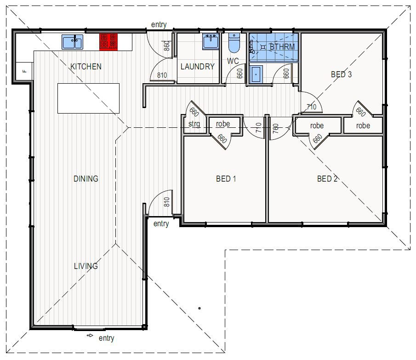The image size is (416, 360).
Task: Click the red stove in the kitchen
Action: (108, 41)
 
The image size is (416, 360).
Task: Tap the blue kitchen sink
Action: (72, 42)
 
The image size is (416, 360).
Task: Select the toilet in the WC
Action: (234, 43)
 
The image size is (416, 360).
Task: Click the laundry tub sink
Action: (211, 42)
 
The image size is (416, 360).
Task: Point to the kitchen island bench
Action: (88, 98)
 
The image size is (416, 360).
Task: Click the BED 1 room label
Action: (226, 179)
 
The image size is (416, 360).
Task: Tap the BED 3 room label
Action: (341, 74)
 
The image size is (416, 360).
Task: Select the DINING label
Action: (85, 179)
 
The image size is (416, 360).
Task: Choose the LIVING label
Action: (85, 266)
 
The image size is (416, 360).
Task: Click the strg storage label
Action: (194, 124)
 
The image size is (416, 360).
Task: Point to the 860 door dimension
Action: (166, 46)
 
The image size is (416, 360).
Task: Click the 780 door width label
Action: (276, 129)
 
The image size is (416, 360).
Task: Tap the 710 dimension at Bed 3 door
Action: (312, 107)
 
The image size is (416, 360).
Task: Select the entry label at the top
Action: (159, 25)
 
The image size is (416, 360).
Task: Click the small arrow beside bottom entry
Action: (90, 336)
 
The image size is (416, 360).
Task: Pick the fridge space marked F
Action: (24, 71)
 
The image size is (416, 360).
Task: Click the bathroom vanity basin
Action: (256, 74)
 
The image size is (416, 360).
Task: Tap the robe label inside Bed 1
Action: (223, 124)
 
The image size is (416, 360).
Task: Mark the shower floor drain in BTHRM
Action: (263, 47)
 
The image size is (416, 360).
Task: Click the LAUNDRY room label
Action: (198, 67)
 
